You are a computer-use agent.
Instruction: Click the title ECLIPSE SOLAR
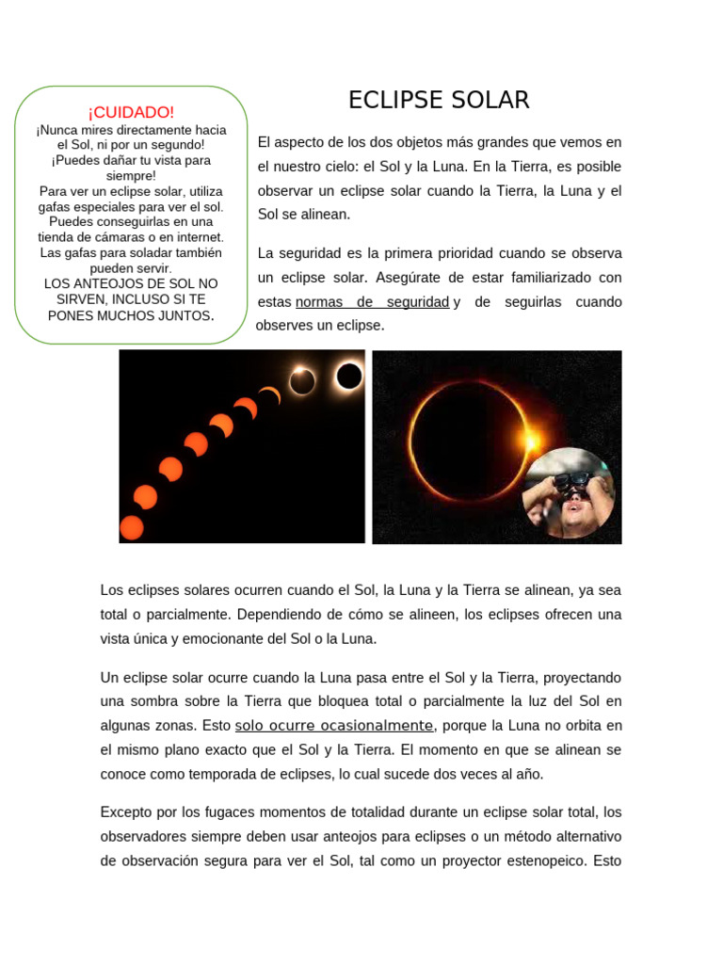point(439,100)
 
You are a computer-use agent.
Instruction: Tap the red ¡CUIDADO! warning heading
point(131,112)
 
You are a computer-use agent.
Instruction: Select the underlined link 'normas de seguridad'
point(372,302)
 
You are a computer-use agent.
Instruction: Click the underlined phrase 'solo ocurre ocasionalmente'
point(334,726)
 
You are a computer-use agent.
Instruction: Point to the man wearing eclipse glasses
point(569,493)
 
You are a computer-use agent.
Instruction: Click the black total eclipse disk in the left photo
point(349,376)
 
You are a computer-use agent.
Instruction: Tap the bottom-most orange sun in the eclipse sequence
point(131,527)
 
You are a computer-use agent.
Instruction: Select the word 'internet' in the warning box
point(193,236)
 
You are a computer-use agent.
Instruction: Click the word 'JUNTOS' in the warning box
point(180,316)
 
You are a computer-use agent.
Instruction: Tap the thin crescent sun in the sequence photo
point(270,395)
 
